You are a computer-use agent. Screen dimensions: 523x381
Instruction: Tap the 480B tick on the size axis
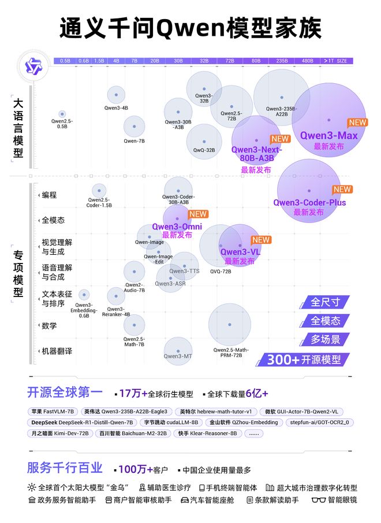(x=307, y=61)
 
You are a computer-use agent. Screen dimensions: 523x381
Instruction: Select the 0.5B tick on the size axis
(x=65, y=61)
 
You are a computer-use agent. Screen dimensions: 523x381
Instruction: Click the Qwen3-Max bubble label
(x=328, y=136)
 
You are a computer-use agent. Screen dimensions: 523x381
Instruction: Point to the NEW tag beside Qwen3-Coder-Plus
(x=342, y=190)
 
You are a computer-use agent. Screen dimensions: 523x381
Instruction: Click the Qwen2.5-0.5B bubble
(x=62, y=114)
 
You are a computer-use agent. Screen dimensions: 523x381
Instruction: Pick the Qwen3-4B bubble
(x=116, y=95)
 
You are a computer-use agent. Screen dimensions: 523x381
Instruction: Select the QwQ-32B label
(x=204, y=150)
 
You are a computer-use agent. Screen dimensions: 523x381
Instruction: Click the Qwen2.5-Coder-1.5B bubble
(x=99, y=191)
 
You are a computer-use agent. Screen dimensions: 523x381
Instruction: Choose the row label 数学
(x=49, y=326)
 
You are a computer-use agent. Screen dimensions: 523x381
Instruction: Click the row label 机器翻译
(x=57, y=351)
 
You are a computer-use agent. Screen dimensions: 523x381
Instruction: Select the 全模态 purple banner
(x=325, y=321)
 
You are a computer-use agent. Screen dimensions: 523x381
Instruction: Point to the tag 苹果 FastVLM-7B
(x=52, y=411)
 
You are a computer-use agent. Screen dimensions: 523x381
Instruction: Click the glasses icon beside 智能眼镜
(x=319, y=500)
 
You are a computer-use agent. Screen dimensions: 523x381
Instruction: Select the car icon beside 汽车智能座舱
(x=185, y=500)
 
